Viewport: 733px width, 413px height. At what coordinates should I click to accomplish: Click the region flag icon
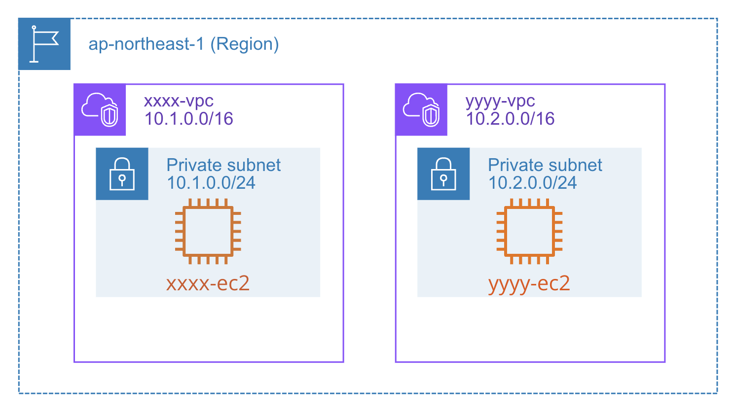pos(44,44)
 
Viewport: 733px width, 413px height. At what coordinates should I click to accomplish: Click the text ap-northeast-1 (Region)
pos(183,44)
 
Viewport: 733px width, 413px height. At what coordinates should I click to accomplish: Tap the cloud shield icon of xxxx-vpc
pos(100,110)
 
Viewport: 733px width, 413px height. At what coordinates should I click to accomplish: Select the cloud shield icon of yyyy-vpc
pos(421,110)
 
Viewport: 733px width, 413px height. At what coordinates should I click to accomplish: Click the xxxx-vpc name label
pos(179,101)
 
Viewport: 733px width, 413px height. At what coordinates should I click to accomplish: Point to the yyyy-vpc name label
pos(500,101)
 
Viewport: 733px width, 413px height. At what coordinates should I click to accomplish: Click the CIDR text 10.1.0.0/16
pos(188,119)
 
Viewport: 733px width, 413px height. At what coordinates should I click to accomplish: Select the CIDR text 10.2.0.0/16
pos(510,119)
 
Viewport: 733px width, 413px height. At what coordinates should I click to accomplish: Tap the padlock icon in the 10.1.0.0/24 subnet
pos(122,174)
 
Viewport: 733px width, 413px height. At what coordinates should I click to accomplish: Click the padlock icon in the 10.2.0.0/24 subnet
pos(443,174)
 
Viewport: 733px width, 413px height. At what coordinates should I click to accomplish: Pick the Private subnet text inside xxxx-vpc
pos(223,165)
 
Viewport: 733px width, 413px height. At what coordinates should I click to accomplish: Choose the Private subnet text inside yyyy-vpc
pos(545,165)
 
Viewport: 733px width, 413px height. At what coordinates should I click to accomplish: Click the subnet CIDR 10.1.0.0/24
pos(211,183)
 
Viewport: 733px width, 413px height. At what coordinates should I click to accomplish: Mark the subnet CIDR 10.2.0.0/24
pos(532,183)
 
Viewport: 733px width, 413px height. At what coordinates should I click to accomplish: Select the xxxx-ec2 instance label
pos(208,283)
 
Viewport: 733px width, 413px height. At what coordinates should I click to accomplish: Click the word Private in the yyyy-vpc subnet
pos(516,165)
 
